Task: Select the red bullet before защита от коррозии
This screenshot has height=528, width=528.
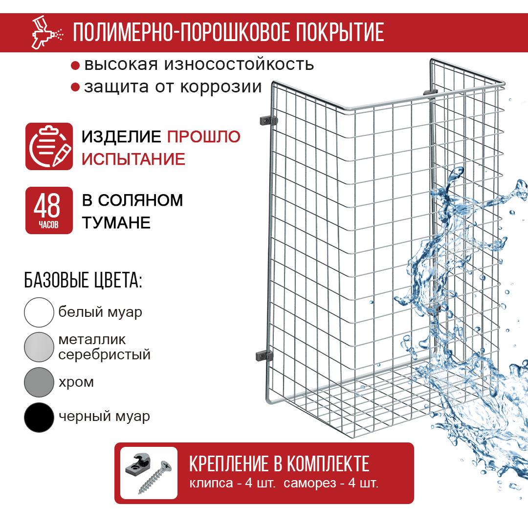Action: click(75, 88)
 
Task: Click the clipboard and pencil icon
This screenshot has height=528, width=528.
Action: click(49, 147)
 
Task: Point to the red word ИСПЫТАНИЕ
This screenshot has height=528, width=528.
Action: click(133, 159)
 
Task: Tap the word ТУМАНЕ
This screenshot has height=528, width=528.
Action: click(116, 222)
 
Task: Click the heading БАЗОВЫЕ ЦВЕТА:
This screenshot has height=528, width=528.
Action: click(83, 281)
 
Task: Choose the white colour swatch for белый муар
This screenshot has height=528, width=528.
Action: click(39, 312)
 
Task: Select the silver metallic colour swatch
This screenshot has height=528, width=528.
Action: click(39, 347)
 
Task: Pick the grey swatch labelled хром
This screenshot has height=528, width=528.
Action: click(39, 382)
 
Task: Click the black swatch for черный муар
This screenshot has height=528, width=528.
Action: click(39, 417)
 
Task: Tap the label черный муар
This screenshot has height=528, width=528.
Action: click(104, 417)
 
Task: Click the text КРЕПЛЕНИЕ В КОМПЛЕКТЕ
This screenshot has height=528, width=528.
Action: click(279, 463)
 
